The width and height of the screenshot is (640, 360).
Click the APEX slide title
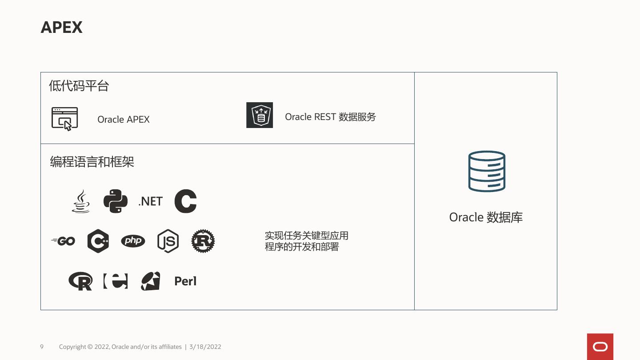(x=61, y=28)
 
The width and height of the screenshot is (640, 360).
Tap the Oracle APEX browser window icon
(x=65, y=119)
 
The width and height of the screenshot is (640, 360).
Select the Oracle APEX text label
(x=124, y=120)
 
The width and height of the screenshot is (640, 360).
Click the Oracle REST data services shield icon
(x=260, y=115)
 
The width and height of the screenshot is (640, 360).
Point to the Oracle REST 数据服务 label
(x=330, y=117)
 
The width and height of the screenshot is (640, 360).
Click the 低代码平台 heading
(x=79, y=86)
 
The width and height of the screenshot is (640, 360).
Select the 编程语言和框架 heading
(x=92, y=162)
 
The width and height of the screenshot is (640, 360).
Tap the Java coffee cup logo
(x=81, y=201)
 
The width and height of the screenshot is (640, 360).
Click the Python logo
(x=116, y=201)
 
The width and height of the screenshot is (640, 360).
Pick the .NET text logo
(x=151, y=201)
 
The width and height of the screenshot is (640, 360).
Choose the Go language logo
(x=64, y=241)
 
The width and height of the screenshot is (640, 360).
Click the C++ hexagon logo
(x=98, y=241)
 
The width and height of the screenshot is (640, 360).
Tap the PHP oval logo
(x=133, y=241)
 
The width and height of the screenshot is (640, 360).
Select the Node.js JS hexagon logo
(x=168, y=241)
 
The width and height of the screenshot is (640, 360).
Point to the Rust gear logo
(x=203, y=241)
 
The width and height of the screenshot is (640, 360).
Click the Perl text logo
(x=185, y=281)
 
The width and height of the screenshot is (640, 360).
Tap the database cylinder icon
(x=487, y=172)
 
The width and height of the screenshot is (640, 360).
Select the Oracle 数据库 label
(x=486, y=217)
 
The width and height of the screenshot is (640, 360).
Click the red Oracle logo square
(x=600, y=347)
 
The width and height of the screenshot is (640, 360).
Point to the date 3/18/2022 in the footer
(x=205, y=347)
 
